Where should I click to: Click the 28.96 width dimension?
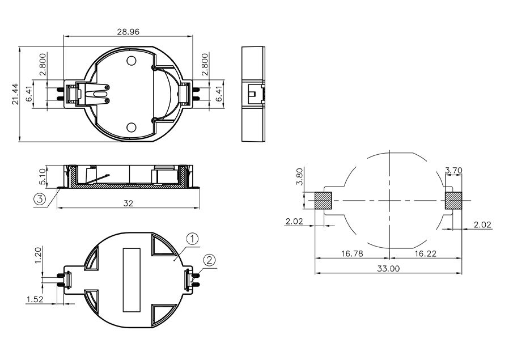[128, 32]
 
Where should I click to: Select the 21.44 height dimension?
[15, 94]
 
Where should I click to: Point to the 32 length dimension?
[128, 203]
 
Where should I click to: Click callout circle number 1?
[192, 239]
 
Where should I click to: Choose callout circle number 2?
[209, 260]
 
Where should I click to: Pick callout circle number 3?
[40, 199]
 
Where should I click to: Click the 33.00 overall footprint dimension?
[388, 269]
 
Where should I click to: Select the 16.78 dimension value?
[352, 253]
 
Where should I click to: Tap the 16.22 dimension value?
[425, 253]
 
